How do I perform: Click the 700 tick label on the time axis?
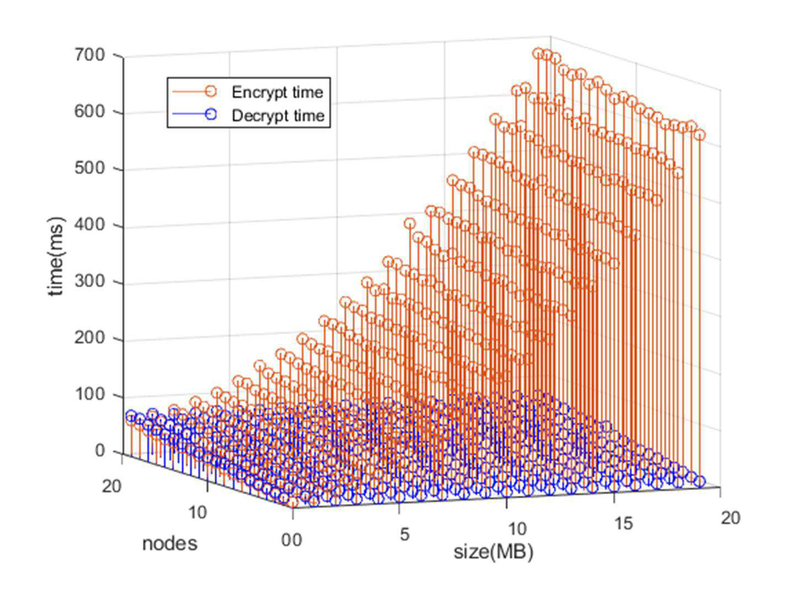(89, 56)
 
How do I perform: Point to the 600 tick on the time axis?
(89, 111)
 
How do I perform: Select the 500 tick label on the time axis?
(89, 168)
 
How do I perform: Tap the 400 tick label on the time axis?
(89, 224)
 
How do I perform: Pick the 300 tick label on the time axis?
(89, 281)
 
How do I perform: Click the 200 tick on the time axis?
(89, 337)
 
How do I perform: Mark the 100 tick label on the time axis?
(89, 394)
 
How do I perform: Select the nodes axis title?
(170, 543)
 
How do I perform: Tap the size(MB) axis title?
(493, 552)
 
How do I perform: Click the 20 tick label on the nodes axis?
(111, 486)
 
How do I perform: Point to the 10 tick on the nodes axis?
(197, 512)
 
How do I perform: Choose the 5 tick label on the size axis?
(405, 534)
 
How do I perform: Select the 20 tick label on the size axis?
(730, 518)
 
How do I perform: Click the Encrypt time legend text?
(277, 92)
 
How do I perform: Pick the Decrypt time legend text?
(278, 116)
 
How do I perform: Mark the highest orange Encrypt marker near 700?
(538, 53)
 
